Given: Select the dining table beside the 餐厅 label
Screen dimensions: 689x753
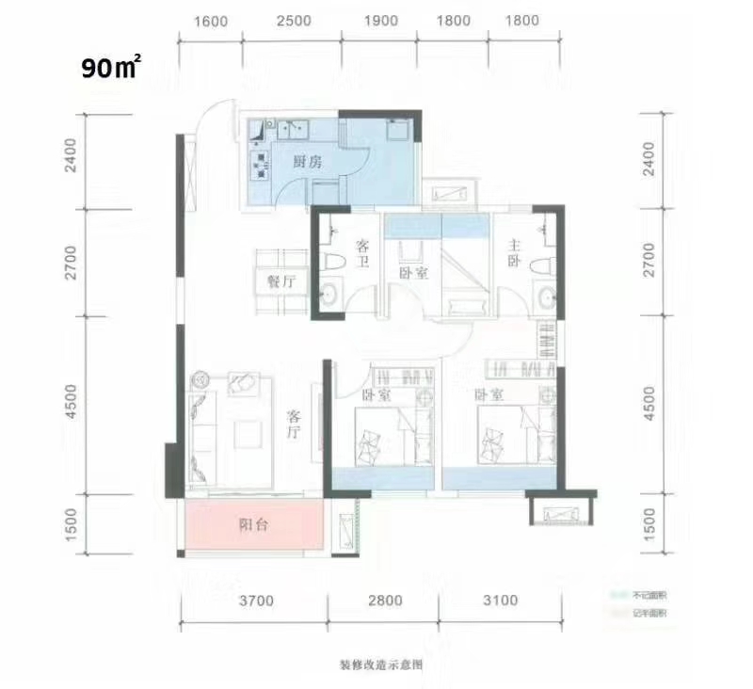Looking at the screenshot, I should click(x=280, y=281).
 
